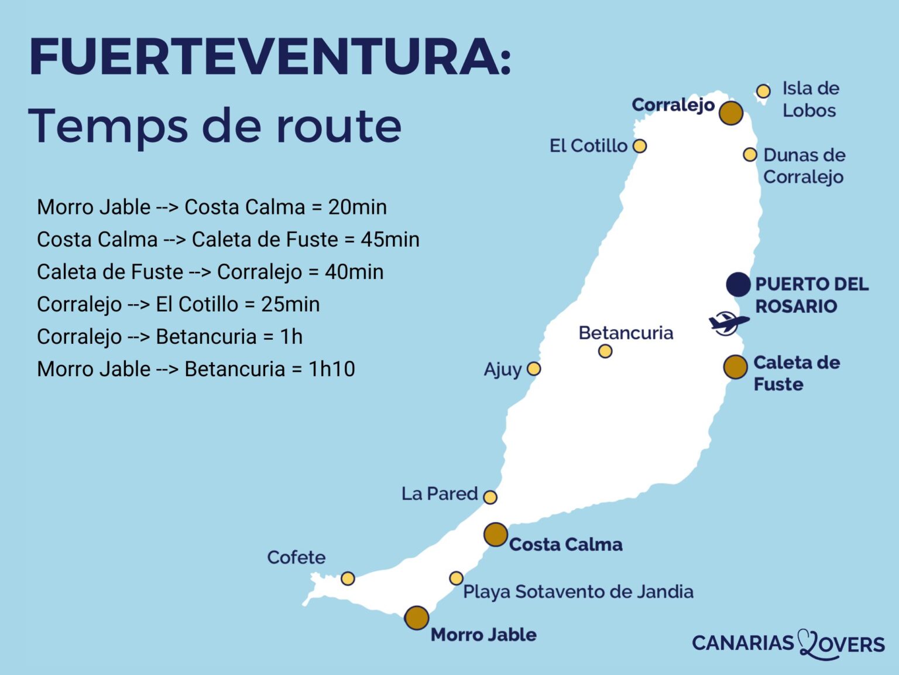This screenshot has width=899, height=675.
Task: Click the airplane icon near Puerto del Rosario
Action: tap(728, 323)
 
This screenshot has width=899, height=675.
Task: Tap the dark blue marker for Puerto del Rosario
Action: tap(738, 284)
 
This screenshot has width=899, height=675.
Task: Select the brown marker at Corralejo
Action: tap(730, 112)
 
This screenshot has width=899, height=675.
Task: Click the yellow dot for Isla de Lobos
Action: tap(763, 91)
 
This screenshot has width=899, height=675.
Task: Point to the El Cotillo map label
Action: tap(588, 146)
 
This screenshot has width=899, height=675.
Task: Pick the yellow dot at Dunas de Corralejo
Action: tap(750, 155)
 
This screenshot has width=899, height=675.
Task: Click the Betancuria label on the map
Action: tap(626, 333)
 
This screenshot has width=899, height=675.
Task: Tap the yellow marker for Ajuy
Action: tap(533, 369)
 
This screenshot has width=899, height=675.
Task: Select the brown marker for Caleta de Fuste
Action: tap(735, 367)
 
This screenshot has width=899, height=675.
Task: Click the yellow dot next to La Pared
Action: tap(490, 497)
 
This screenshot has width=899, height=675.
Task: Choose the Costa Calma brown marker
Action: tap(495, 534)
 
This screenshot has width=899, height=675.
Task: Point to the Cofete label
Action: tap(296, 557)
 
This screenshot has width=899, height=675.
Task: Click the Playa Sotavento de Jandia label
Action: tap(578, 592)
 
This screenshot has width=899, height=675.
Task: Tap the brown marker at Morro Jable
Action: tap(416, 618)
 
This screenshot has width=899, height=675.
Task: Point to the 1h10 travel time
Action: tap(331, 369)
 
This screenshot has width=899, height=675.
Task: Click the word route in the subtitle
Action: tap(338, 125)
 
